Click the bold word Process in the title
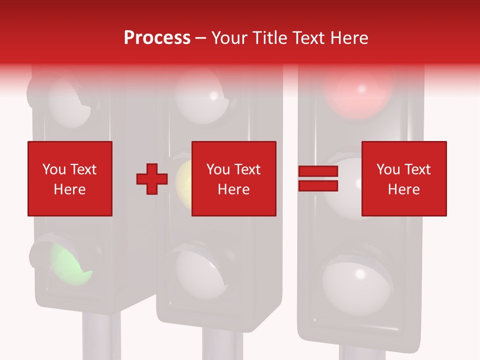coord(157,38)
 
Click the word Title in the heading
coord(270,38)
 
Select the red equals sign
coord(318,179)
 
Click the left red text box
coord(70,178)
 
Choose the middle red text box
coord(234,178)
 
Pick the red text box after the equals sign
coord(404,178)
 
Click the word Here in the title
coord(349,38)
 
